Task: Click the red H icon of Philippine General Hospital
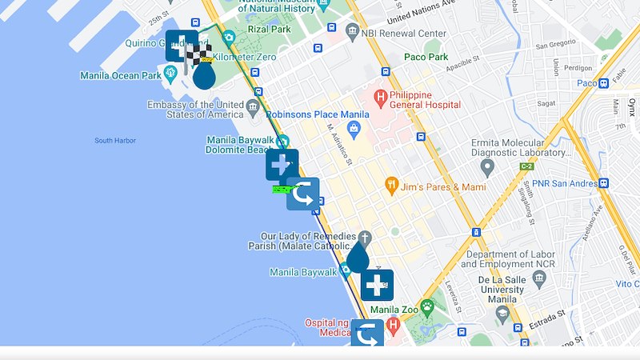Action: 382,99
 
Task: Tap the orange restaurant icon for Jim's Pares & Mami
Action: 391,185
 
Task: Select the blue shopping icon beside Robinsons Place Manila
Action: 354,128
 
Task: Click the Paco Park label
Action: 426,58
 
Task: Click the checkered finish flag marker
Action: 198,55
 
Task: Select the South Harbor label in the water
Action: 114,141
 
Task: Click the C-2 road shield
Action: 526,166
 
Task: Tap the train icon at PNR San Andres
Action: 603,182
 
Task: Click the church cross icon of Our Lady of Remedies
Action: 364,238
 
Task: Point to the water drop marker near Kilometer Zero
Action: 205,75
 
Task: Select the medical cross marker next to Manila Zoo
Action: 377,284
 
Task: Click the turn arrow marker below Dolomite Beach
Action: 303,194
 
